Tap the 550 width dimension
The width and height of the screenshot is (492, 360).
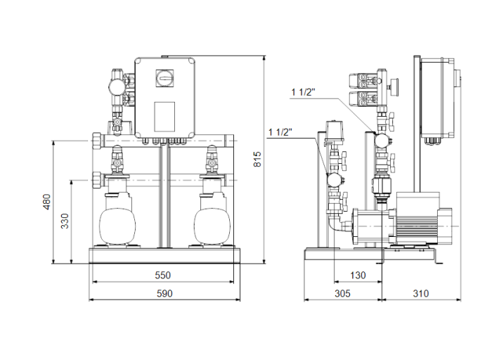click(163, 274)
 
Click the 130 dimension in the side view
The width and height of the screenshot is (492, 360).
click(358, 275)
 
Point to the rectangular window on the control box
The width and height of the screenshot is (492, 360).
click(164, 114)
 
